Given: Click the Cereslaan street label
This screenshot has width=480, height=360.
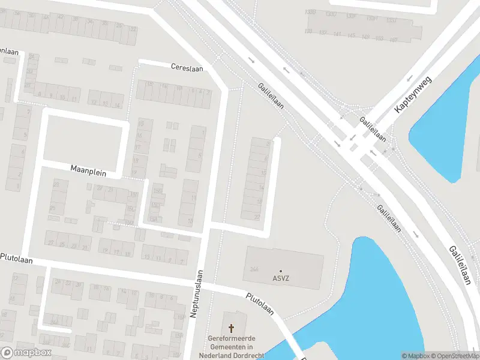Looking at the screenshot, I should point(187,68).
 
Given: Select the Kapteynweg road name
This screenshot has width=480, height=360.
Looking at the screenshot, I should point(413,95).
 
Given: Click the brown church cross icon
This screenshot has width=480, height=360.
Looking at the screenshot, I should point(232,328).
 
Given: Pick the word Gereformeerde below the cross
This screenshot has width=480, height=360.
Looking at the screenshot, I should point(232,338).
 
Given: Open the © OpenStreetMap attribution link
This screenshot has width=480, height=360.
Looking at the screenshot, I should point(454,356).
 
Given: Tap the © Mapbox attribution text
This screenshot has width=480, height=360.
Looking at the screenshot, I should point(415,356).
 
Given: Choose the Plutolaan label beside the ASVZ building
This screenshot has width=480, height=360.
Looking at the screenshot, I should point(260,304).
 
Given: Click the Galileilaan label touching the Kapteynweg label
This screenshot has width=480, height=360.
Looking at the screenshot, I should point(373,128).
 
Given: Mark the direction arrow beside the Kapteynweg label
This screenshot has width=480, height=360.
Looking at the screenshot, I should point(410,78).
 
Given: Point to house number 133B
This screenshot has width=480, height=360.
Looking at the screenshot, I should point(310,11).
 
